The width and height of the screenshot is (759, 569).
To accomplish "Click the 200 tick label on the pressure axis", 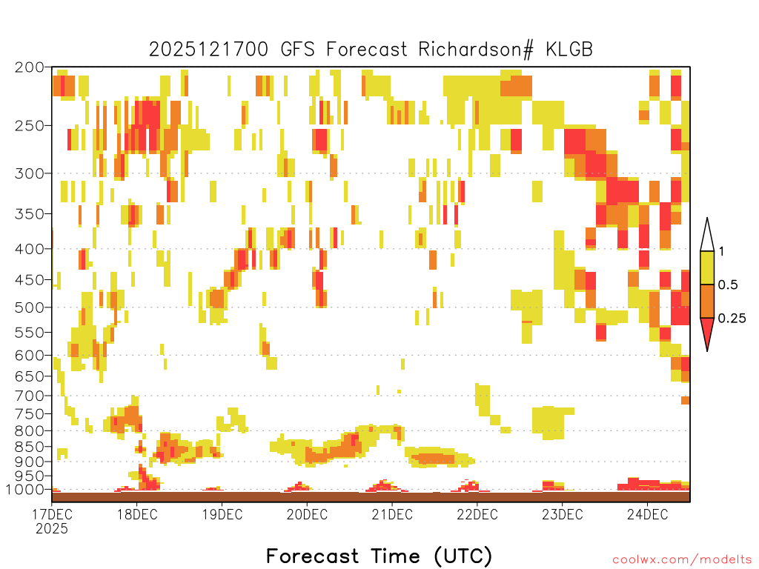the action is click(29, 67).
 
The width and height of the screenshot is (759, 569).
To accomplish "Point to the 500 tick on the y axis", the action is click(29, 307).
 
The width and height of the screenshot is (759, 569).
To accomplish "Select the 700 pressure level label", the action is click(29, 396).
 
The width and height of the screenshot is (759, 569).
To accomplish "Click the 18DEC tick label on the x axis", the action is click(137, 514).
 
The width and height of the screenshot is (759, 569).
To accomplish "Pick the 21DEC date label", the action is click(392, 514).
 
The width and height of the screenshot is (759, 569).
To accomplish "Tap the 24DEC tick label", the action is click(647, 514).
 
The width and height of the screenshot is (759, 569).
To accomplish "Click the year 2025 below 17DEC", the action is click(52, 529).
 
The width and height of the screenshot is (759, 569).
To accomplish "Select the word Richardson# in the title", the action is click(476, 50).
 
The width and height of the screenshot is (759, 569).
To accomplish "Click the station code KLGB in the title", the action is click(569, 50).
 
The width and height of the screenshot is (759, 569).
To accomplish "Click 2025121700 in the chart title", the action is click(208, 50).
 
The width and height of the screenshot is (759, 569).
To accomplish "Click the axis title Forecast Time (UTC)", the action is click(379, 556).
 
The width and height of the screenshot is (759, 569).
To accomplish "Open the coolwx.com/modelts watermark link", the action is click(682, 560).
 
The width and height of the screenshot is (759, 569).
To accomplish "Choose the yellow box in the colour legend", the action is click(707, 267).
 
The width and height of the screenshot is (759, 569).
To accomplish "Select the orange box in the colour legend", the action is click(707, 301).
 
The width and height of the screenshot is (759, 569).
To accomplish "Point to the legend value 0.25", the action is click(732, 319).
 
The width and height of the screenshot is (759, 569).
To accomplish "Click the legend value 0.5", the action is click(728, 285).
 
